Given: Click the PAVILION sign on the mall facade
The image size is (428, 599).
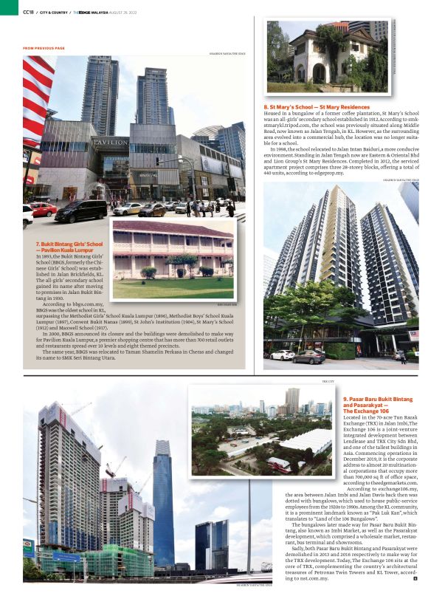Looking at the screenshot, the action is pyautogui.click(x=110, y=141).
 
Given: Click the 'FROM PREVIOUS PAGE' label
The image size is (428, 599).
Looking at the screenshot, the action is pyautogui.click(x=44, y=48).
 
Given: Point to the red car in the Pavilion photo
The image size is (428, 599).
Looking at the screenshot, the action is pyautogui.click(x=42, y=209).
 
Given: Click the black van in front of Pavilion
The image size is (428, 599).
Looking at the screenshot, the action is pyautogui.click(x=80, y=210).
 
